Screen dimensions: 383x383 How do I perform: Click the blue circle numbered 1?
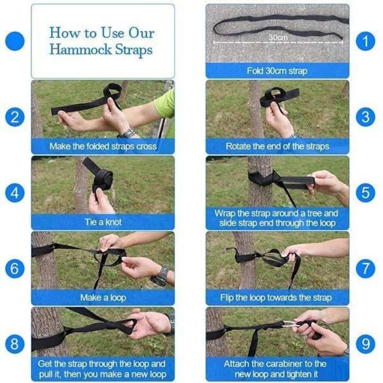pos(365,41)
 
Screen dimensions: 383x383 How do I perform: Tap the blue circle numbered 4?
pos(15,193)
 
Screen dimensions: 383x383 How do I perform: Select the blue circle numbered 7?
pos(365,268)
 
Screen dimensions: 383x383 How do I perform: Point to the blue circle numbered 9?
pos(365,344)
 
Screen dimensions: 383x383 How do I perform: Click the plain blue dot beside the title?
pos(15,41)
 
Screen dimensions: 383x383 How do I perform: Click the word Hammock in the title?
pos(80,49)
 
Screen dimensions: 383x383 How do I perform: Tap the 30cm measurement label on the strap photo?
pos(278,38)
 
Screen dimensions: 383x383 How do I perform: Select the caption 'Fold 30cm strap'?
pos(277,71)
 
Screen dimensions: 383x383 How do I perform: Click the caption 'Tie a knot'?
pos(103,222)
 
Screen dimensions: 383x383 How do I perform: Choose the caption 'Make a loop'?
pos(103,298)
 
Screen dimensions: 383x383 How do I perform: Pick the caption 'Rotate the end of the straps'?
pos(277,146)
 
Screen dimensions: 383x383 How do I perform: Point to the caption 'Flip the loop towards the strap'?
pos(276,298)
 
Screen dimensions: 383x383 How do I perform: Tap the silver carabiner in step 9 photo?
pos(290,326)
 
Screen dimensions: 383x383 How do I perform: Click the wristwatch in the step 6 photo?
pos(161,275)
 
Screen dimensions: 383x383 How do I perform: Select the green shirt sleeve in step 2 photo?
pos(165,104)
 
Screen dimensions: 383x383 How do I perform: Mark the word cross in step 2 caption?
pos(146,146)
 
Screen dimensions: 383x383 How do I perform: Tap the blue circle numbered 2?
pos(15,117)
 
